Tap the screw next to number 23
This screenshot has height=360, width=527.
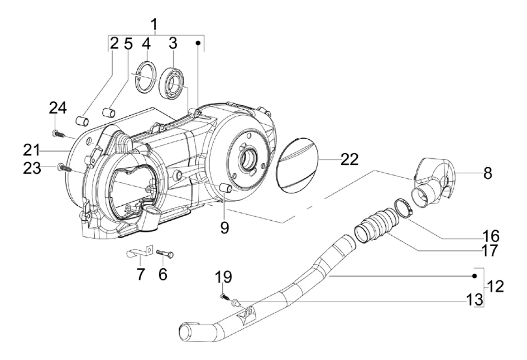pos(63,167)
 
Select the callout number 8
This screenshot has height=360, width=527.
pos(488,173)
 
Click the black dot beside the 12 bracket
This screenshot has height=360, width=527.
pos(474,276)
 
